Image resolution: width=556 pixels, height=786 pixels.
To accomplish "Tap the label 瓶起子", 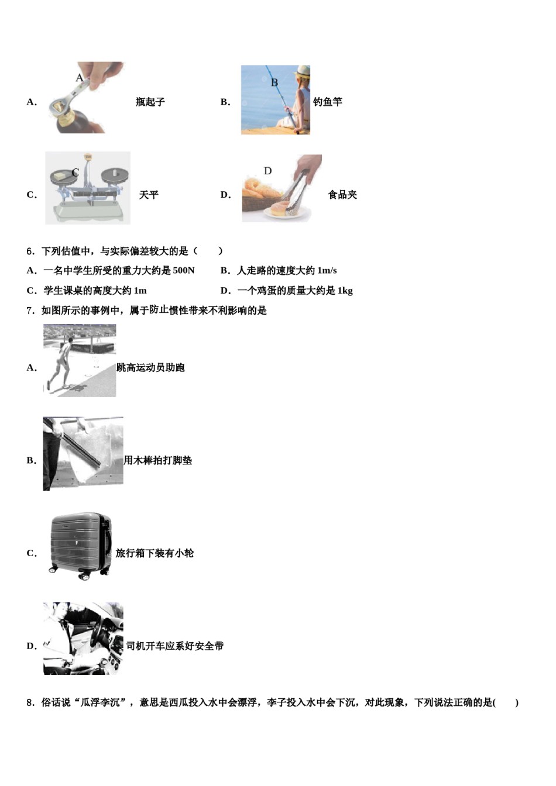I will pos(150,102).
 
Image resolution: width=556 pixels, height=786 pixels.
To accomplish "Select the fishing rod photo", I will pos(275,100).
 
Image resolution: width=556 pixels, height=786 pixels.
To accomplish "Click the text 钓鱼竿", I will pos(328,102).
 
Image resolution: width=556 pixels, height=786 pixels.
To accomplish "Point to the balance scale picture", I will pos(88,188).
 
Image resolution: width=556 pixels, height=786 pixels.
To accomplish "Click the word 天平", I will pos(149,195).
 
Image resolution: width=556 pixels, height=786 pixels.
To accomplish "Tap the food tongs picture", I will pos(282,188).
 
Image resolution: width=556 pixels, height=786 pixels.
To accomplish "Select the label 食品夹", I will pos(342,195).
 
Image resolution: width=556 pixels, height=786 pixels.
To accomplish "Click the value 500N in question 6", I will pos(184,271).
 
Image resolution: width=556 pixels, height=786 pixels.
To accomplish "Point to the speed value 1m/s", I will pos(327,271).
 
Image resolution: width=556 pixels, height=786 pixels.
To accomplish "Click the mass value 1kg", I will pos(345,291).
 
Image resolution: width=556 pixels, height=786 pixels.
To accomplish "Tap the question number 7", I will pos(30,311).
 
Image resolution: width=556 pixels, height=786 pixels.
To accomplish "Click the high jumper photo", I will pos(80,361).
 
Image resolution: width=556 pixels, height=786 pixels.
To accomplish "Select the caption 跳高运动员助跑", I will pos(151,368).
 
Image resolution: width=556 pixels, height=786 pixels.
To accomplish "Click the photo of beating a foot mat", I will pos(83,453).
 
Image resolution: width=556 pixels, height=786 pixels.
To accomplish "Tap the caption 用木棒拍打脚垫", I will pos(158,461).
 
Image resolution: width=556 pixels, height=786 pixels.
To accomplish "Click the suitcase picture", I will pos(80,546).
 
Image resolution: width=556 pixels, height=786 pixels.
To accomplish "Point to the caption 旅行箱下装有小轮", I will pos(155,553).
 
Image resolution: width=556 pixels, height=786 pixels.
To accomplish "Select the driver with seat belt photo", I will pos(83,639).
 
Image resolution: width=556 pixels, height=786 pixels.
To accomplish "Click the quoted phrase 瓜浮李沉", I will pos(102,702).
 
